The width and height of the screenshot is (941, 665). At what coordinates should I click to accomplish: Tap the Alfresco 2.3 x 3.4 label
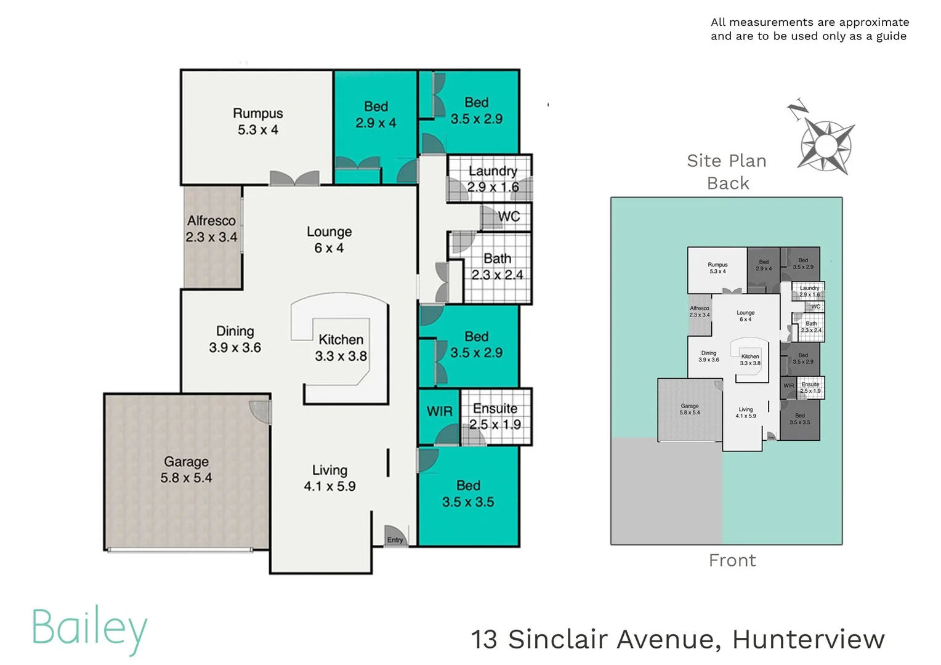211,228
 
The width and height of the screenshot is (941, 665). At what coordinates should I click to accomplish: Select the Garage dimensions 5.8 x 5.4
186,478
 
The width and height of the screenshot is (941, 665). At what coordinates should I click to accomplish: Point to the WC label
509,217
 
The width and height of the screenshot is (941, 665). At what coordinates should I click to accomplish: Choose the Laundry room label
493,171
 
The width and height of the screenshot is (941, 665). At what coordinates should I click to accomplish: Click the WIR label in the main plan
439,411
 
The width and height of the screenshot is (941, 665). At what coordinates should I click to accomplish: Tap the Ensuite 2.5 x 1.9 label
495,416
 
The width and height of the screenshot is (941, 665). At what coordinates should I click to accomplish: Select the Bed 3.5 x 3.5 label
468,494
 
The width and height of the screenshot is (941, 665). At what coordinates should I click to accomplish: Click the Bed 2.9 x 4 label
376,115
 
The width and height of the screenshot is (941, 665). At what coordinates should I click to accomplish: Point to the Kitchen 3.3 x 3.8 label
341,348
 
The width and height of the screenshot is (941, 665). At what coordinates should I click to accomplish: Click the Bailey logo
90,628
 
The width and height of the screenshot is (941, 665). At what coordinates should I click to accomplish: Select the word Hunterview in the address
808,639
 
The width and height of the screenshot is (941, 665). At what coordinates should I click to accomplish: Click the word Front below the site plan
732,560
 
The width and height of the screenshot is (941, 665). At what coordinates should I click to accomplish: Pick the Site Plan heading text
727,161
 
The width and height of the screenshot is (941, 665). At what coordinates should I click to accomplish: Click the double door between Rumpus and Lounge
294,179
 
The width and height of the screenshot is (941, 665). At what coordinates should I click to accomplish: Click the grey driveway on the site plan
665,493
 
